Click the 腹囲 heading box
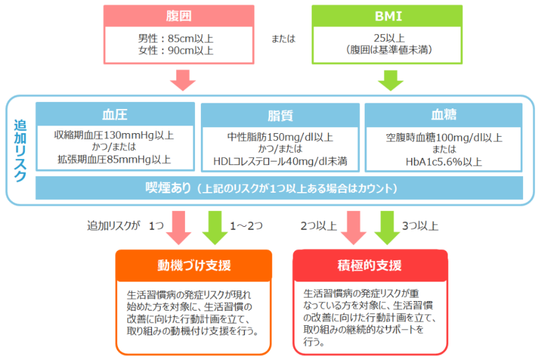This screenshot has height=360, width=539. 179,16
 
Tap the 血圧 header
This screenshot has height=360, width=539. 115,115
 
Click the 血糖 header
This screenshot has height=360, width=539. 444,115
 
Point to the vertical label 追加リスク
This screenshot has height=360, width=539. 21,150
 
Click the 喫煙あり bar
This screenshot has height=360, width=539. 279,188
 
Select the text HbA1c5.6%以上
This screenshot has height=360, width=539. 444,162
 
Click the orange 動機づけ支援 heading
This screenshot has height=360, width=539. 194,264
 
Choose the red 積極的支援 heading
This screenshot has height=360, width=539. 370,264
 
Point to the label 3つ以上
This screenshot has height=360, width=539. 420,226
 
